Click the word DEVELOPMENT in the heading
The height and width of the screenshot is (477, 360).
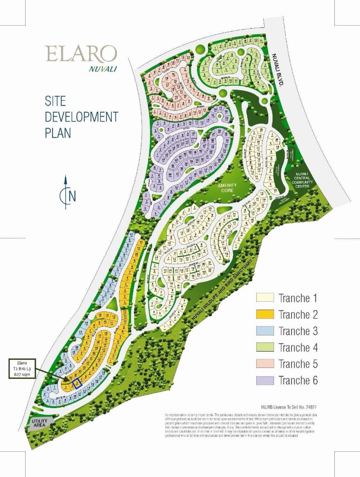click(x=82, y=117)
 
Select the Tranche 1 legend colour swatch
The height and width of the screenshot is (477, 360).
click(x=265, y=298)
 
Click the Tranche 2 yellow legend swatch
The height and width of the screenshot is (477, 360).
click(x=265, y=314)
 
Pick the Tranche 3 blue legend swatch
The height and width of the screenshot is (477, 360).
click(x=265, y=331)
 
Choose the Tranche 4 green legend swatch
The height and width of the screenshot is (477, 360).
click(x=265, y=348)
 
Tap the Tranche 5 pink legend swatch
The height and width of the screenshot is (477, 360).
click(x=265, y=364)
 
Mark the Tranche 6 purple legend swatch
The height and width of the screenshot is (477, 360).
click(x=265, y=380)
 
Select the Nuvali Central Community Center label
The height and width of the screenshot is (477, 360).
click(x=303, y=180)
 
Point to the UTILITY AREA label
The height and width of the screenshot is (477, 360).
click(x=39, y=423)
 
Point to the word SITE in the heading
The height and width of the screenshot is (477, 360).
click(x=55, y=101)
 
